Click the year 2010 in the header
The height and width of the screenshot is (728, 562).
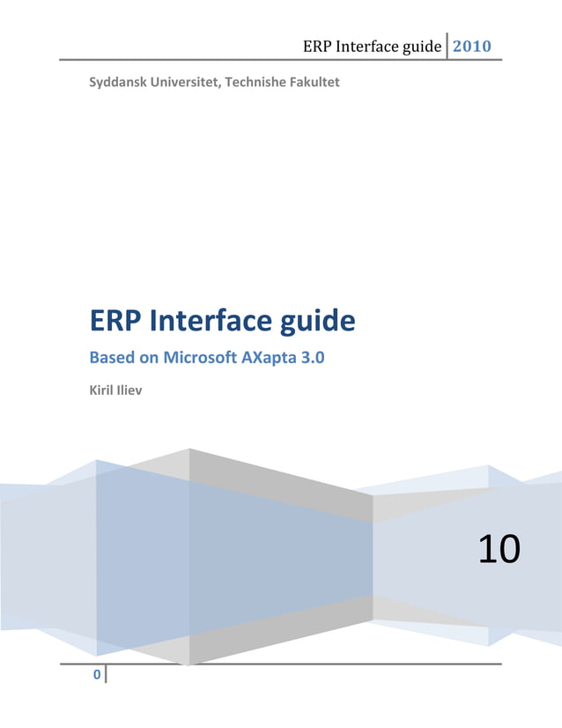[471, 46]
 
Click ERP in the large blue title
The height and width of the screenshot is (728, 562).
[116, 321]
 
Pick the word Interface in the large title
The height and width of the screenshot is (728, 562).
[208, 321]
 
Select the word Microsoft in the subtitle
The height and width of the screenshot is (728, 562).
[201, 359]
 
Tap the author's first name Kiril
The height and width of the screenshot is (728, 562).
[104, 389]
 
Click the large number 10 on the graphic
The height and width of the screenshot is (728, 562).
[499, 549]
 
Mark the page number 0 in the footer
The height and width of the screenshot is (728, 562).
[96, 676]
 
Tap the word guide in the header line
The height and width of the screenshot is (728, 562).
[421, 47]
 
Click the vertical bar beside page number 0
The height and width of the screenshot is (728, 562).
[106, 675]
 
